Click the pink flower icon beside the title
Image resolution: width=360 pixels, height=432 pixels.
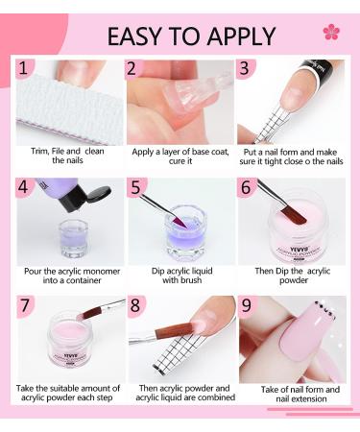click(x=331, y=32)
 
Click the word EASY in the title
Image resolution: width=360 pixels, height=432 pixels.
click(x=140, y=36)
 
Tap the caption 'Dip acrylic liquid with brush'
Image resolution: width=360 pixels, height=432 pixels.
click(x=179, y=274)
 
